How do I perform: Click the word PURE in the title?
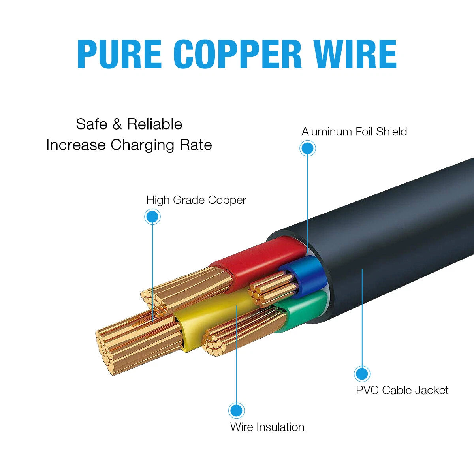click(119, 54)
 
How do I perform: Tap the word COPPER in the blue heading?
click(237, 54)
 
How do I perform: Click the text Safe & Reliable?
click(129, 124)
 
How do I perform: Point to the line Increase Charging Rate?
click(129, 145)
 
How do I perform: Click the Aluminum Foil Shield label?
click(354, 132)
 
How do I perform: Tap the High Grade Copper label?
click(196, 200)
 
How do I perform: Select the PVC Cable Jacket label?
click(402, 390)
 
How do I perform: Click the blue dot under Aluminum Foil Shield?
click(308, 149)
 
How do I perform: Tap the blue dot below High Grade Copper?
click(152, 217)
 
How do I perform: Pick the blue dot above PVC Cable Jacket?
click(362, 374)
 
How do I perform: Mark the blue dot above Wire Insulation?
click(236, 410)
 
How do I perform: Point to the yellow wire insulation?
click(216, 317)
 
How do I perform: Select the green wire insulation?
click(303, 310)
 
